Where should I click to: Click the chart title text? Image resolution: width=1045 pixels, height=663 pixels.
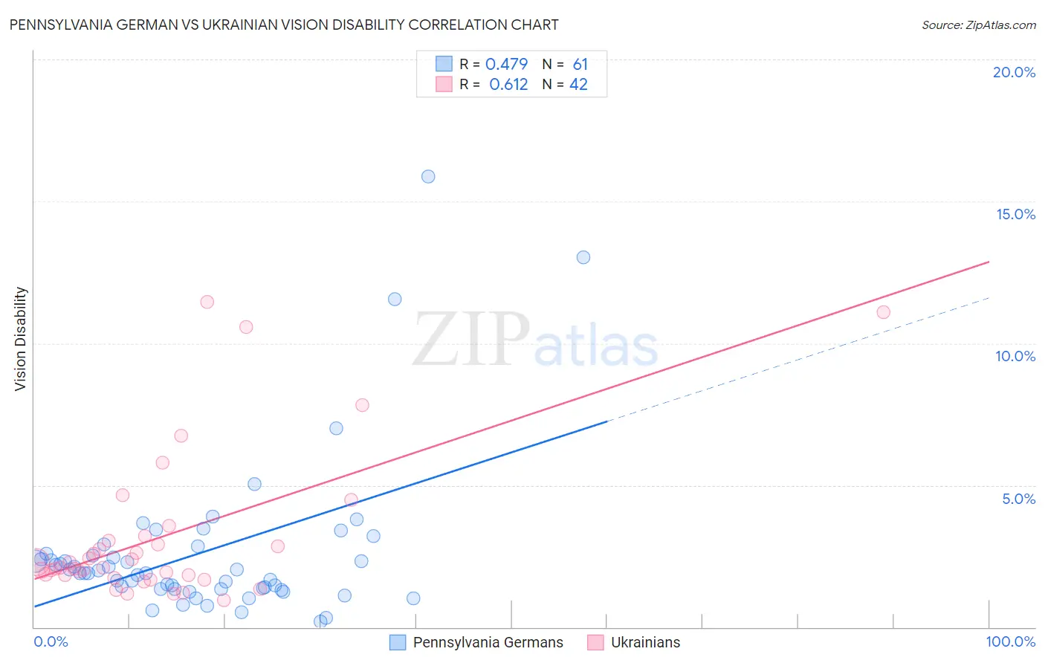284,25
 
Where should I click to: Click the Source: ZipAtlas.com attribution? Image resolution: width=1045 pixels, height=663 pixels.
978,25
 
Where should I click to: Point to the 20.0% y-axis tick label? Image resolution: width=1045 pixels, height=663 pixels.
1014,72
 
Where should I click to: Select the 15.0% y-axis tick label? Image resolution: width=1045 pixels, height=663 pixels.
1015,214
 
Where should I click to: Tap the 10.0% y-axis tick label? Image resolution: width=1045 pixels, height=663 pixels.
1015,356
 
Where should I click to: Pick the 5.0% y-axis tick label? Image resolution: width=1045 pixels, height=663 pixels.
1018,499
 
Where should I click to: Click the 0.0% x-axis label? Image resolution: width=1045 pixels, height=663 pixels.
51,641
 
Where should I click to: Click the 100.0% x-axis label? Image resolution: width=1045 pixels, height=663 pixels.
1010,641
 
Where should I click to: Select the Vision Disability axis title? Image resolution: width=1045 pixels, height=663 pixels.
21,339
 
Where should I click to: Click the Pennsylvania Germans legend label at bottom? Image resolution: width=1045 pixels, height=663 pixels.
488,642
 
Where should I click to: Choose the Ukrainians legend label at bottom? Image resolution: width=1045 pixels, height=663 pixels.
645,642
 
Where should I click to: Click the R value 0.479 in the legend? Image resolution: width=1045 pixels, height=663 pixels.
506,65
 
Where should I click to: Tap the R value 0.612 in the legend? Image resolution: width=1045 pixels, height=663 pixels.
508,85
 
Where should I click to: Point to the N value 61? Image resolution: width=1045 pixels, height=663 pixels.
580,65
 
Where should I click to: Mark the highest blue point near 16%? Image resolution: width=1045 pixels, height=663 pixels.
428,176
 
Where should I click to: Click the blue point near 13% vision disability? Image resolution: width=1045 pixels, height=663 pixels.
583,257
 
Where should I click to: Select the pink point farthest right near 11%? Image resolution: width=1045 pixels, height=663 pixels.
883,312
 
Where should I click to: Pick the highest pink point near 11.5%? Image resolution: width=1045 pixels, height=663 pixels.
207,302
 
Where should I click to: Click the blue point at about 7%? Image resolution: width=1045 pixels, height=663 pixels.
336,428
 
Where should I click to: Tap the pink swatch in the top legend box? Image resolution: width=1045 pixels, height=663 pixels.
444,84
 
